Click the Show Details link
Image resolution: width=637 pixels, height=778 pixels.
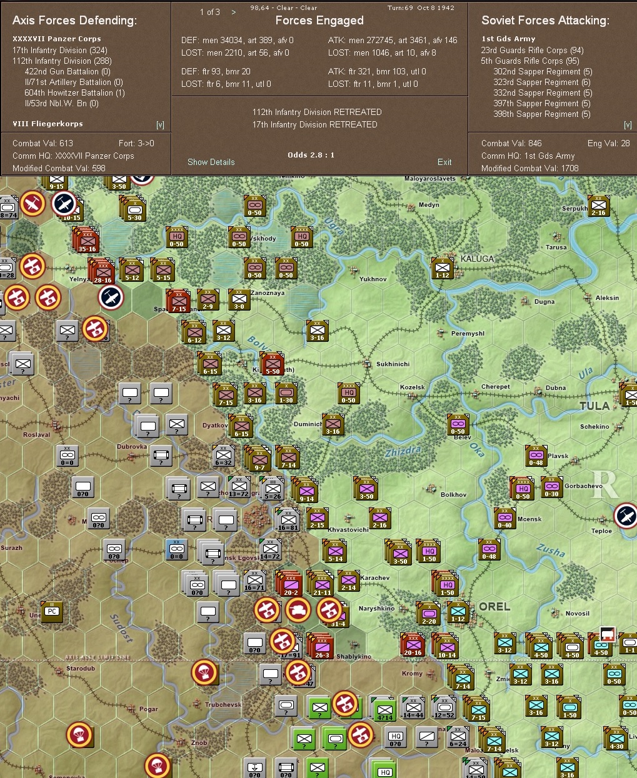coord(211,162)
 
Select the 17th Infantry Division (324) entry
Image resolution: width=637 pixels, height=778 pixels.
coord(60,50)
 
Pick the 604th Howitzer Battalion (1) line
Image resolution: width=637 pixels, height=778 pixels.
coord(74,92)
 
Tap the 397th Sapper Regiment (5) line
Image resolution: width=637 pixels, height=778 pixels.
coord(541,103)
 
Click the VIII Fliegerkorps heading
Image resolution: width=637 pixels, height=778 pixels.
coord(48,124)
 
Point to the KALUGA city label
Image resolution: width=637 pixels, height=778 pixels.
coord(477,259)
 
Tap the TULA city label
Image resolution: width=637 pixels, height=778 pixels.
coord(594,406)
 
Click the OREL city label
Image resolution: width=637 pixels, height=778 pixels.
coord(494,607)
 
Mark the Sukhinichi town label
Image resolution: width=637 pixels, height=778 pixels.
coord(393,364)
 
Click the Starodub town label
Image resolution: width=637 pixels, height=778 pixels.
coord(81,669)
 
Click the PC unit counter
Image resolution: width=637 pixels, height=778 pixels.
coord(52,611)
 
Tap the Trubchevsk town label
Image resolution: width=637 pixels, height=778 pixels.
coord(223,705)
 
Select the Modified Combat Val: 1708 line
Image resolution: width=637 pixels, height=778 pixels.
coord(529,168)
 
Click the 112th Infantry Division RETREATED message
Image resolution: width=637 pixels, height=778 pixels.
coord(317,112)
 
